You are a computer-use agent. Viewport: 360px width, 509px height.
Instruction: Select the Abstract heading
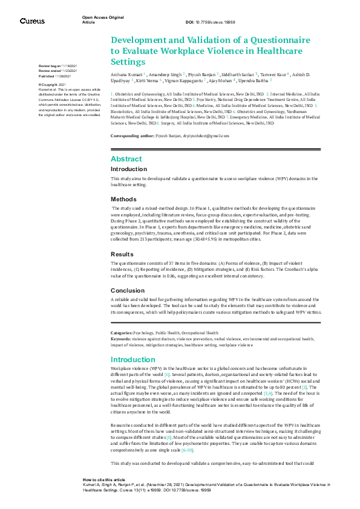click(x=126, y=158)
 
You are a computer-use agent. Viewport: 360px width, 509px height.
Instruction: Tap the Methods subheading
click(x=123, y=199)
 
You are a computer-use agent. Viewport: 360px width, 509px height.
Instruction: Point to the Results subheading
click(x=122, y=254)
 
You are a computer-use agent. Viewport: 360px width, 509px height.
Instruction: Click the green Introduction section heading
click(x=134, y=360)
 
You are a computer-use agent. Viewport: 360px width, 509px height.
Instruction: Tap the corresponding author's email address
click(x=205, y=136)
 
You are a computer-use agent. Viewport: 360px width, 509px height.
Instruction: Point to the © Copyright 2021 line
click(x=53, y=85)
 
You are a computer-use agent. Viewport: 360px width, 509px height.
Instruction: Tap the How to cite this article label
click(x=104, y=478)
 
